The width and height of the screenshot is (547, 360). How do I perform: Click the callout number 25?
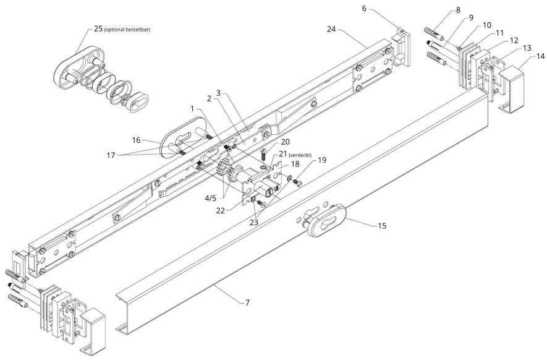(98, 28)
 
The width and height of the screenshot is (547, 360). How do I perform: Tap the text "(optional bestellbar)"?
(127, 30)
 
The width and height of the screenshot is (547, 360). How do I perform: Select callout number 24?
(331, 29)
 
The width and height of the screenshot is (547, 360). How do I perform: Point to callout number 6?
(364, 9)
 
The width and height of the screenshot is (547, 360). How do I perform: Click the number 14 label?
(540, 56)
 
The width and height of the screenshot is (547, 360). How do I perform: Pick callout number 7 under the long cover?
(247, 302)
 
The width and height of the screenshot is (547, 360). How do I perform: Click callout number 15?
(383, 226)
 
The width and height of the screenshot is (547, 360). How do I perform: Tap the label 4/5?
(210, 199)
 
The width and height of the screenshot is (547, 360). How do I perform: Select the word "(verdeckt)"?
(300, 155)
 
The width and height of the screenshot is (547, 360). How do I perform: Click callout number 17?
(111, 155)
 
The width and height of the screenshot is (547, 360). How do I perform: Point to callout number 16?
(137, 140)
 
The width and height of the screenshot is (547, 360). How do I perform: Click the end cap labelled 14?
(512, 89)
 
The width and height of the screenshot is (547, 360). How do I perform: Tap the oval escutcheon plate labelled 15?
(326, 221)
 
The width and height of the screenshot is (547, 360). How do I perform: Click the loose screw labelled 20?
(264, 153)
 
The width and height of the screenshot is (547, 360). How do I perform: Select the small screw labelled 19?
(297, 182)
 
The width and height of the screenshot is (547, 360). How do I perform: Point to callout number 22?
(221, 210)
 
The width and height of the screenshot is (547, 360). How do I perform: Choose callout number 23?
(253, 222)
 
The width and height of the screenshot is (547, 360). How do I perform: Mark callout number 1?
(192, 109)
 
